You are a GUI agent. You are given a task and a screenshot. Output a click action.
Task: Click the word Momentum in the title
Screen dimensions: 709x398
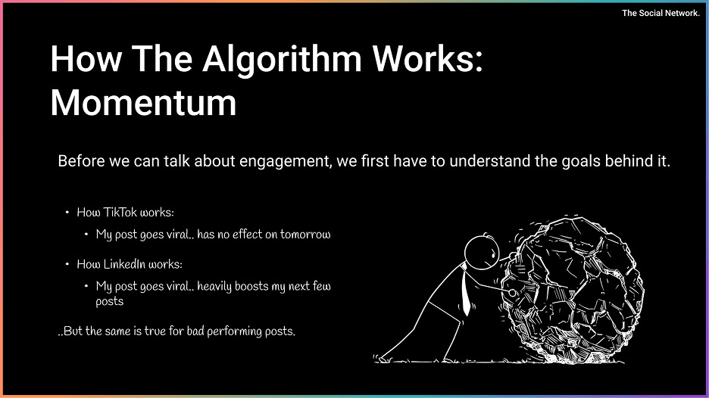click(x=143, y=103)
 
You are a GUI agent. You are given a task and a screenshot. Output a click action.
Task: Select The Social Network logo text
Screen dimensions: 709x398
click(x=661, y=13)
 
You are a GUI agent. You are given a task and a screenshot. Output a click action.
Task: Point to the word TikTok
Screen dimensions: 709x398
click(x=120, y=213)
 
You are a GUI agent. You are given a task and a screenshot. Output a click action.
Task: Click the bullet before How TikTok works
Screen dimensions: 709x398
click(x=67, y=213)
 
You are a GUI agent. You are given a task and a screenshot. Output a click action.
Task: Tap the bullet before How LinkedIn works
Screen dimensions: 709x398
click(x=67, y=264)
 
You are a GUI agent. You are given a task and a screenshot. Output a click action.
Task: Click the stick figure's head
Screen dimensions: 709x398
click(x=482, y=253)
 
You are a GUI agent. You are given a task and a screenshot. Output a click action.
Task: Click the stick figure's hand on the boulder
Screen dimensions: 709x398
click(x=512, y=293)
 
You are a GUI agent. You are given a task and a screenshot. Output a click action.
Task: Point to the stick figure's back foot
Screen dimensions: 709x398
click(x=382, y=359)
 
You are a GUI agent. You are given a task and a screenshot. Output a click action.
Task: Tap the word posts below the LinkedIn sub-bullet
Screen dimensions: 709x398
click(x=109, y=302)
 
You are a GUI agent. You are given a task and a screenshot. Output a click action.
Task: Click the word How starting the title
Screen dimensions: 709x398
click(x=86, y=59)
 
